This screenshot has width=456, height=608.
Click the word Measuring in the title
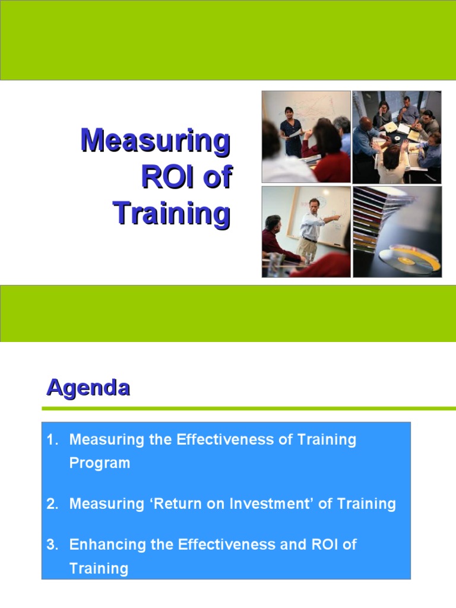(x=155, y=141)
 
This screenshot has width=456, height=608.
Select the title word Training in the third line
(x=171, y=213)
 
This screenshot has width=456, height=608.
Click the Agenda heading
(x=88, y=388)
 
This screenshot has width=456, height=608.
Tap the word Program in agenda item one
(x=99, y=463)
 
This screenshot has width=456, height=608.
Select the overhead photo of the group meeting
(x=397, y=137)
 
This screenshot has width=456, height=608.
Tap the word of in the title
(x=217, y=177)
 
